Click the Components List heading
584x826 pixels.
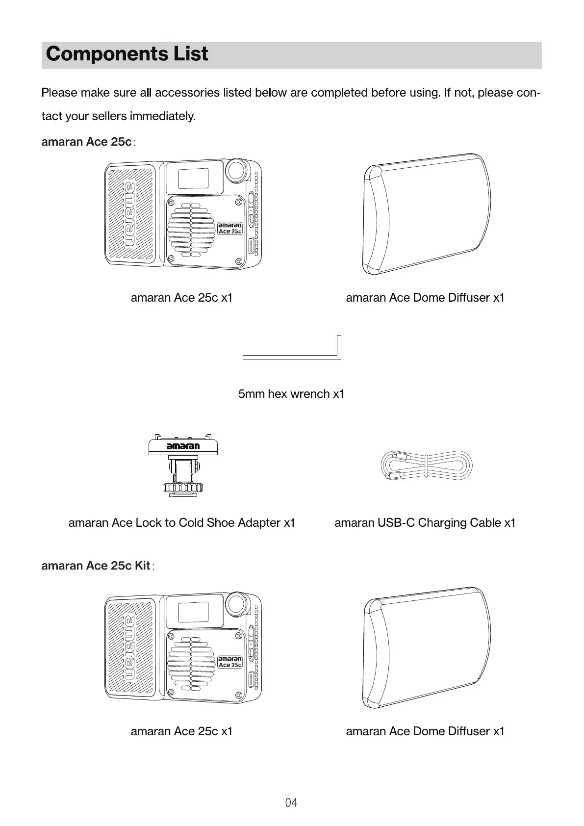tap(127, 54)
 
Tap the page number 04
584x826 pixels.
tap(291, 802)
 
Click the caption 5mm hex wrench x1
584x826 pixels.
tap(291, 394)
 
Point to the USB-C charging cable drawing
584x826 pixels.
tap(426, 466)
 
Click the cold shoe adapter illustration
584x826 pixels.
tap(183, 465)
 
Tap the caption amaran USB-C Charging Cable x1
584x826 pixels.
tap(425, 523)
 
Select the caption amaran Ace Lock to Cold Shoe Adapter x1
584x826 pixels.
tap(181, 523)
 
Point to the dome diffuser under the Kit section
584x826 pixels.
tap(426, 647)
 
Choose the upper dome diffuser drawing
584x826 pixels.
tap(426, 214)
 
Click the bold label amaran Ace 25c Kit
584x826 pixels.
tap(96, 566)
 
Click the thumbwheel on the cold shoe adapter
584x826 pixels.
tap(183, 488)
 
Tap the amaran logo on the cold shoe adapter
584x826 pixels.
tap(183, 446)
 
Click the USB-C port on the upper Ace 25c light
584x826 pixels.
tap(252, 246)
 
